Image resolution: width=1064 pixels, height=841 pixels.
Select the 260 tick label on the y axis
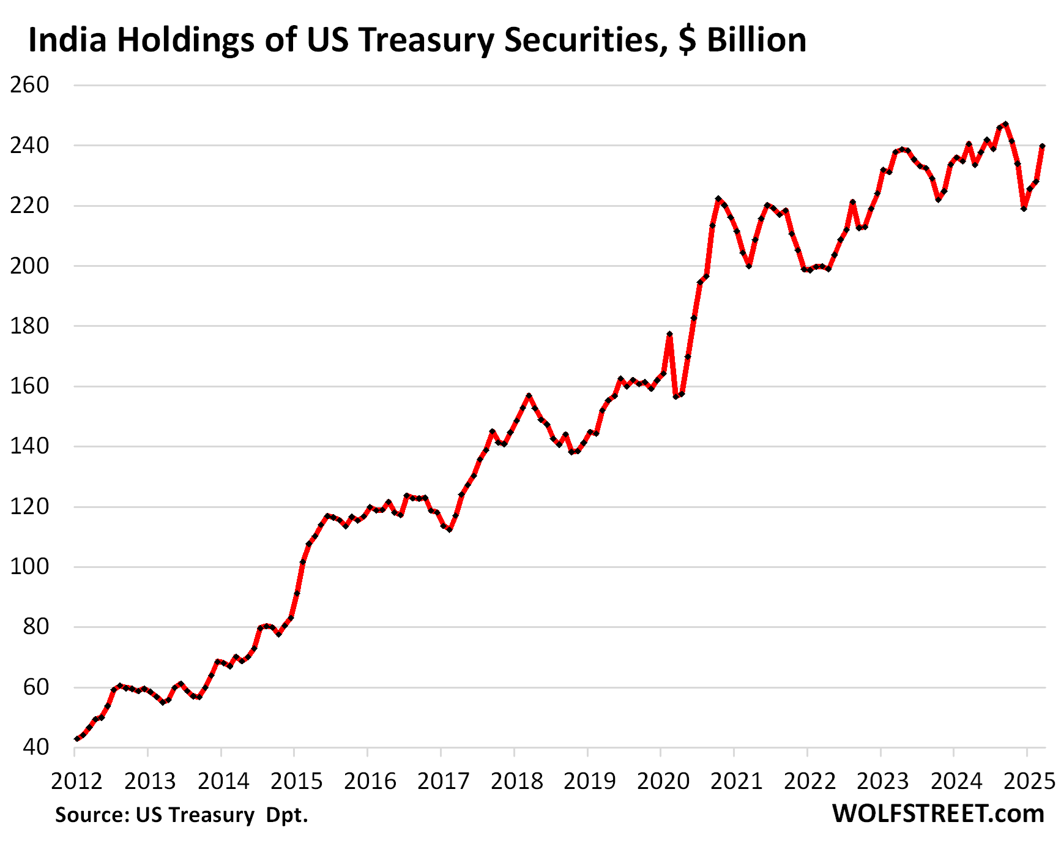[x=29, y=85]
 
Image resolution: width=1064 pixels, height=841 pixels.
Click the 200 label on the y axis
[x=29, y=266]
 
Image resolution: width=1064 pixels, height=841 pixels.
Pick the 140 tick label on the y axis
[x=29, y=447]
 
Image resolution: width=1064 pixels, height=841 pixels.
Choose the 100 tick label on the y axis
[x=29, y=567]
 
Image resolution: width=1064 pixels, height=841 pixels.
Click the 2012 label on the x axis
[x=76, y=782]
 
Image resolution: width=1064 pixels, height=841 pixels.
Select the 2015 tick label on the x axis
[x=296, y=782]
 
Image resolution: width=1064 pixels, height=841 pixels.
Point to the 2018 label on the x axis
[x=516, y=782]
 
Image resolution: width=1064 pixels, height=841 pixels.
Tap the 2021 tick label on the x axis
[x=736, y=782]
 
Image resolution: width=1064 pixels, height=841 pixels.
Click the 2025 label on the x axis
[x=1029, y=782]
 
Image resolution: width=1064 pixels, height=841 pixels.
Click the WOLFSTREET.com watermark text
[x=938, y=814]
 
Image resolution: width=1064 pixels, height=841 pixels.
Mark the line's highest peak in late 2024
[x=1006, y=124]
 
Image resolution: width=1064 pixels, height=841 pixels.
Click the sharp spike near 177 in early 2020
[x=669, y=334]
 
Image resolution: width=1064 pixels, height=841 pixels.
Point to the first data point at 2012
[x=76, y=739]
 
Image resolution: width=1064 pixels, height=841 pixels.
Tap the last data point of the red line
[x=1042, y=146]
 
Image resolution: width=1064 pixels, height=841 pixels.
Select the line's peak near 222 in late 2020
[x=718, y=199]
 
